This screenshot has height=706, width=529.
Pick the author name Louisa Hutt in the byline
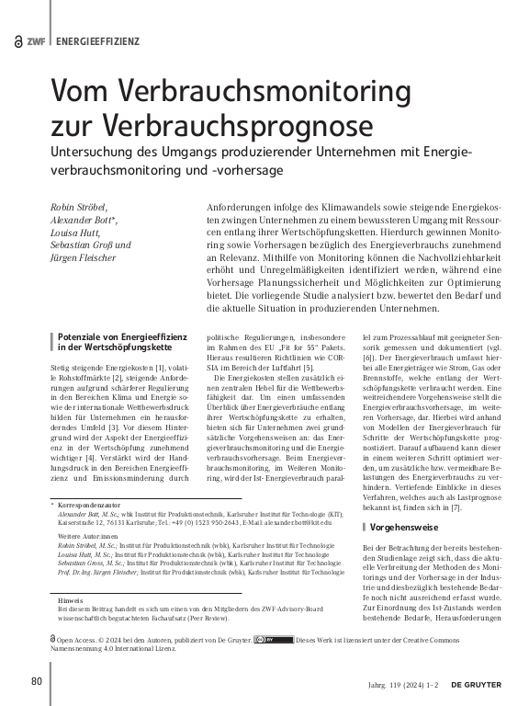[x=74, y=233]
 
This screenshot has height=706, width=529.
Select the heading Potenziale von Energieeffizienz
[x=117, y=338]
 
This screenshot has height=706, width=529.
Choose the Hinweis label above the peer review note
[x=71, y=599]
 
